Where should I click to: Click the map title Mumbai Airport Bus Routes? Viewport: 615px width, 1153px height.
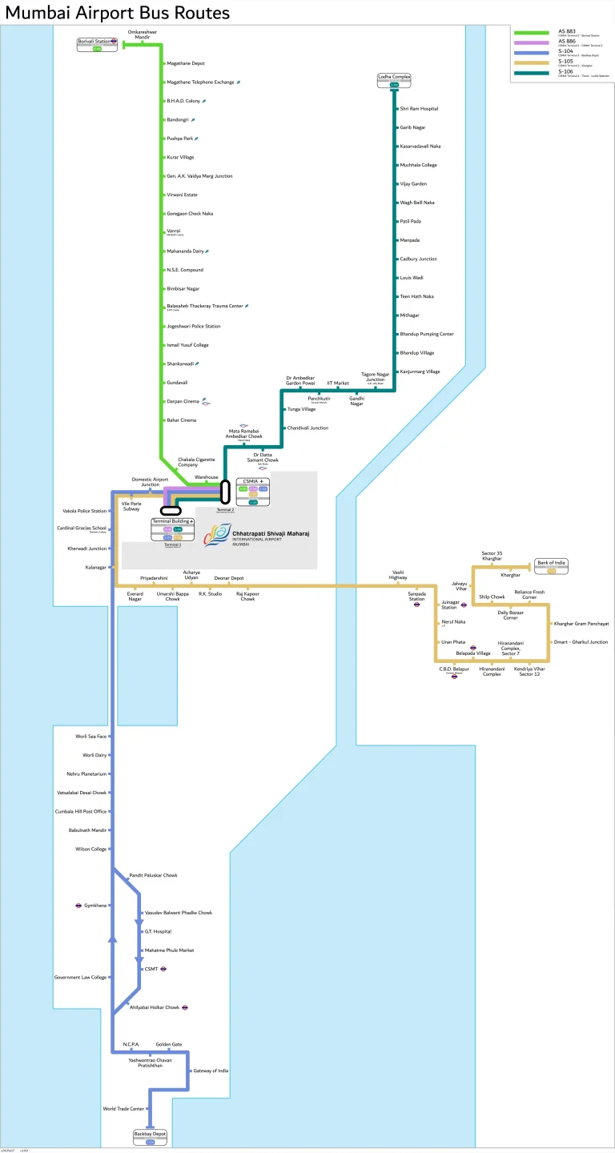118,13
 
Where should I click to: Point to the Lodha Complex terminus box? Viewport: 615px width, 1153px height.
394,79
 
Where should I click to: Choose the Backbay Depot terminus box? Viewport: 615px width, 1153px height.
150,1136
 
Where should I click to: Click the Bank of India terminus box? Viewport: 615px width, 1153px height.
551,565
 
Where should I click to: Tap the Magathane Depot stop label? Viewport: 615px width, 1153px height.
186,63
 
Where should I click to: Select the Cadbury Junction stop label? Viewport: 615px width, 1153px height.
418,259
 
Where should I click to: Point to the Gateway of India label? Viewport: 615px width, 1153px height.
211,1071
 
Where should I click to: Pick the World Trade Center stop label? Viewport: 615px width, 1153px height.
123,1109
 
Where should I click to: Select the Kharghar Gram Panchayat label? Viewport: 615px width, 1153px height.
581,623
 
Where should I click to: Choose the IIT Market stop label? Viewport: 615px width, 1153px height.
338,384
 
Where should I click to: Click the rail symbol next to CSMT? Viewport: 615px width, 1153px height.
163,969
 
